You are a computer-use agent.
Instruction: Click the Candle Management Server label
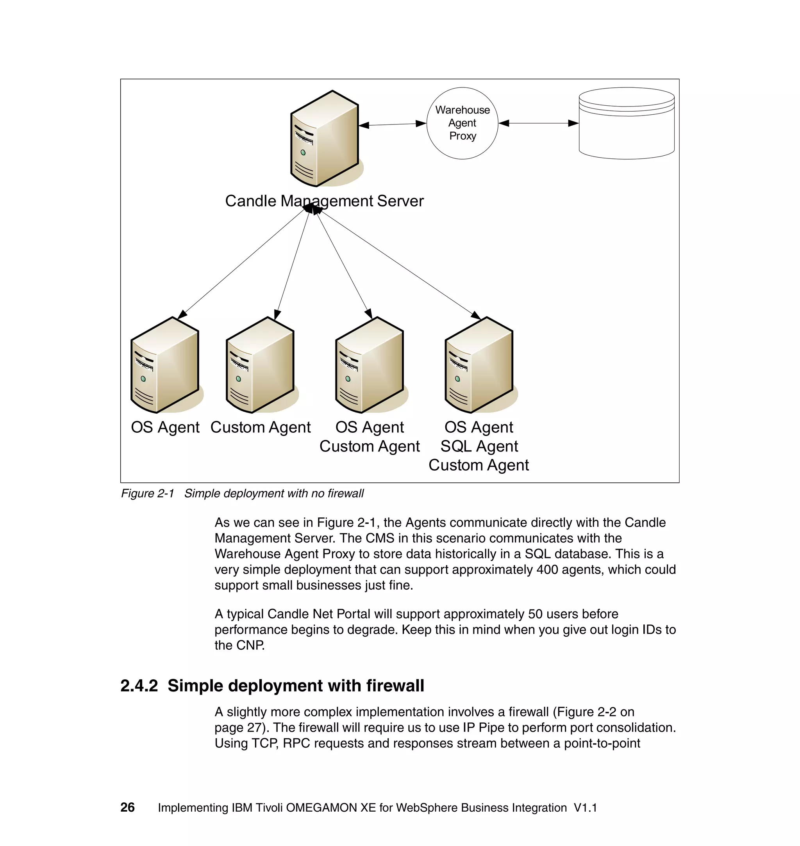tap(324, 201)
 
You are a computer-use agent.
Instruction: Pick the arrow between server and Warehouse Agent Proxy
tap(392, 124)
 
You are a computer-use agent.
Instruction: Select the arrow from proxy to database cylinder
tap(538, 123)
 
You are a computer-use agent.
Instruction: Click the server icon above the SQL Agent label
tap(479, 365)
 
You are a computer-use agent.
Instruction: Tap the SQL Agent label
tap(479, 446)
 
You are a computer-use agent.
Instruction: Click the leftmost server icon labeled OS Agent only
tap(165, 365)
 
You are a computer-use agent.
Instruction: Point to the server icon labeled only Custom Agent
tap(260, 365)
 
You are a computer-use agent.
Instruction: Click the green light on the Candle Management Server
tap(303, 153)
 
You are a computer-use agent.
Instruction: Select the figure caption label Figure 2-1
tap(148, 493)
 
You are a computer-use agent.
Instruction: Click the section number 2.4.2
tap(139, 686)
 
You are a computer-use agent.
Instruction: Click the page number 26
tap(127, 807)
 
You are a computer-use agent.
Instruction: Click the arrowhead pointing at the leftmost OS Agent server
tap(182, 315)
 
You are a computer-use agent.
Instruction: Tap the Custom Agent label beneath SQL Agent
tap(479, 465)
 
